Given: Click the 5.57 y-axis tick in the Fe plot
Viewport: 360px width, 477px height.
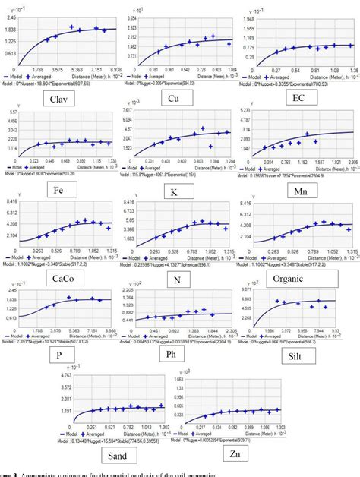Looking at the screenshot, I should tap(13, 112).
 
